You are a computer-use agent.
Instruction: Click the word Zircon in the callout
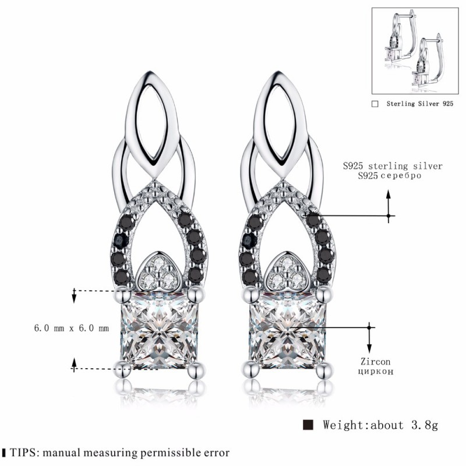[x=375, y=361]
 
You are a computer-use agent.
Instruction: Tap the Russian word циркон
[x=376, y=372]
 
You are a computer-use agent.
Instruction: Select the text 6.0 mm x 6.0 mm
[x=72, y=328]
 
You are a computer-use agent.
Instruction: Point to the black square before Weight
[x=308, y=425]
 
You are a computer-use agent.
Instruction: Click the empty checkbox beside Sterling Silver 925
[x=375, y=104]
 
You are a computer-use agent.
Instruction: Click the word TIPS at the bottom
[x=23, y=453]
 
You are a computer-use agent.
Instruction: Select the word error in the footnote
[x=216, y=453]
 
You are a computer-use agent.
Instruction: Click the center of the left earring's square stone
[x=160, y=330]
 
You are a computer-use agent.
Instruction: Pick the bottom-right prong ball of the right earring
[x=324, y=370]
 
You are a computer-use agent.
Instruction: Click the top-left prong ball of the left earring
[x=123, y=295]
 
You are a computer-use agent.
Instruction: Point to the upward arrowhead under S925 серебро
[x=388, y=195]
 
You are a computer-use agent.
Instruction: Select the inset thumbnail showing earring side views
[x=415, y=51]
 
